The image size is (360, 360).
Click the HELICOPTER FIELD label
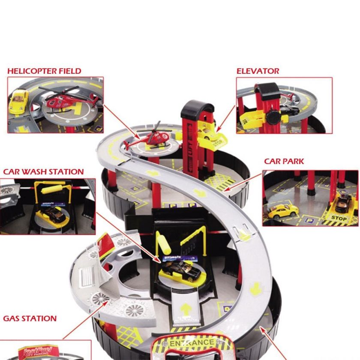point(44,71)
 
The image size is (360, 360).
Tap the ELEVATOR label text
point(258,71)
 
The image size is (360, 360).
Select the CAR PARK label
point(284,162)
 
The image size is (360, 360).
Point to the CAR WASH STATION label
point(43,172)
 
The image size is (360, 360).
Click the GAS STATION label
point(30,318)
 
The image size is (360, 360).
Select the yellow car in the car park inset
point(283,210)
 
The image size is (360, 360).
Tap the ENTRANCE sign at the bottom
point(192,343)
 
